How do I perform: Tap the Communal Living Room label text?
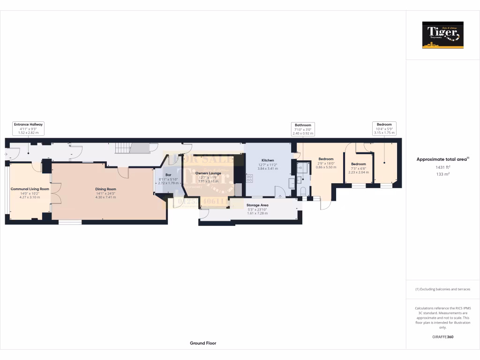(30, 189)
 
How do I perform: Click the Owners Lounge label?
(208, 173)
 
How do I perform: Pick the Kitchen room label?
(268, 160)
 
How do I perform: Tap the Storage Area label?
(257, 205)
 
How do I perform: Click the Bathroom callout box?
(303, 129)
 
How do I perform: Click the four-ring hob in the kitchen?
(249, 178)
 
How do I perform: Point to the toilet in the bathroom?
(303, 190)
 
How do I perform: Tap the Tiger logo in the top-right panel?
(442, 35)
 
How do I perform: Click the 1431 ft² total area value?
(442, 167)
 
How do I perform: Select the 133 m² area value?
(442, 174)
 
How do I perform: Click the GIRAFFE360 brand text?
(442, 337)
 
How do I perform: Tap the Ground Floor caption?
(203, 343)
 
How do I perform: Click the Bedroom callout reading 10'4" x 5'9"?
(384, 128)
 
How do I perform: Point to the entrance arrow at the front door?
(6, 153)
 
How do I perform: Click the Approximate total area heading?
(442, 159)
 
